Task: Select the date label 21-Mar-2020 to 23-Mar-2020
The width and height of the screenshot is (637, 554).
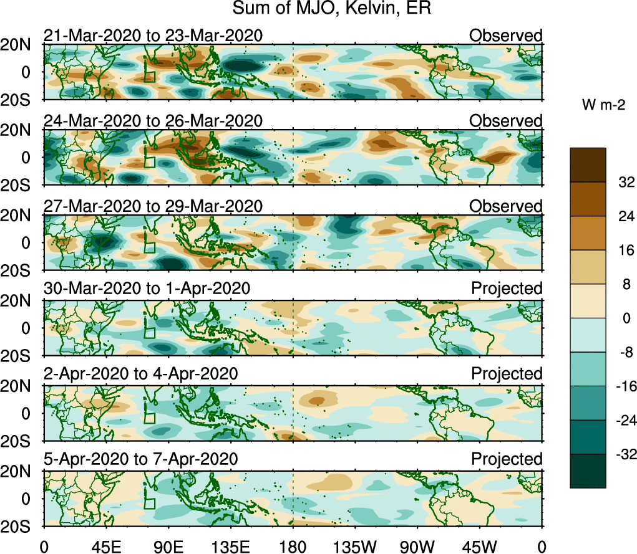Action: pyautogui.click(x=153, y=36)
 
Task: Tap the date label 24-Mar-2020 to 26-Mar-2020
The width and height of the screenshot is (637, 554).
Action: pyautogui.click(x=153, y=121)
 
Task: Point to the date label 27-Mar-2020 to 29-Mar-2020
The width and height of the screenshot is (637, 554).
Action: pyautogui.click(x=153, y=206)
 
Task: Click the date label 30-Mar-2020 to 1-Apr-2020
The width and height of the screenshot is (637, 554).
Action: pyautogui.click(x=147, y=289)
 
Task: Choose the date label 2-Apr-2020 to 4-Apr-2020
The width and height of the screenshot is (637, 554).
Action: pyautogui.click(x=140, y=374)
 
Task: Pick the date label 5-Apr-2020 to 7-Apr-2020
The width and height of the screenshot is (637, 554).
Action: pyautogui.click(x=140, y=459)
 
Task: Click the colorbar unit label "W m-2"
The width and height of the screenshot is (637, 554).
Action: pyautogui.click(x=604, y=105)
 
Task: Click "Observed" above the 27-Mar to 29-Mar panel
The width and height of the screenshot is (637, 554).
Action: pyautogui.click(x=506, y=206)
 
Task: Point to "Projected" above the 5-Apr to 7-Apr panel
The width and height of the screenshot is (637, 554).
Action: pyautogui.click(x=507, y=459)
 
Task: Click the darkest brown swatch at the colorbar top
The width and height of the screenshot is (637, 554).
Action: pyautogui.click(x=588, y=165)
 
